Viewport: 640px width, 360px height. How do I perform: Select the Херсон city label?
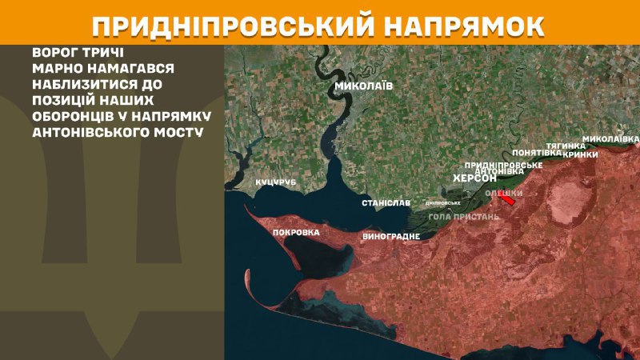point(475,178)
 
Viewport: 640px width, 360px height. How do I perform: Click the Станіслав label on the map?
point(386,203)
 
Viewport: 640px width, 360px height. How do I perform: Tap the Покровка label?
point(295,233)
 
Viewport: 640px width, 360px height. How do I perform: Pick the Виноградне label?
point(391,237)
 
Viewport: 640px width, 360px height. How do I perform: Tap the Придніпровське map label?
point(504,164)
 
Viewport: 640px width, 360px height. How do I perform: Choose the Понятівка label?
point(536,152)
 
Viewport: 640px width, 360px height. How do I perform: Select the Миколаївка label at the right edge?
point(610,138)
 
